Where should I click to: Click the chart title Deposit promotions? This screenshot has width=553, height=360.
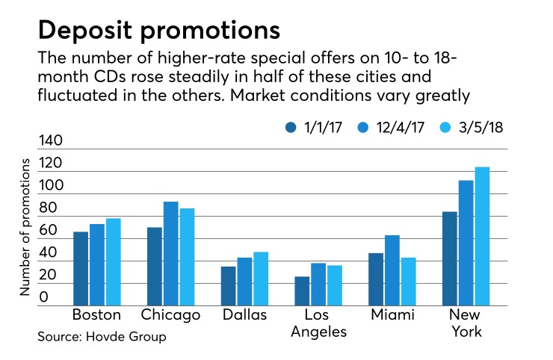coord(159,31)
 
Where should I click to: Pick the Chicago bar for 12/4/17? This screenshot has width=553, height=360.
coord(171,254)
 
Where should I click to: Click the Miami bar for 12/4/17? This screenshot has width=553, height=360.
coord(392,270)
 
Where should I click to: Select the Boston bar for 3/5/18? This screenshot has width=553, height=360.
coord(113,262)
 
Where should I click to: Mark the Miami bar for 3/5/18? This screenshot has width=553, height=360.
coord(408,282)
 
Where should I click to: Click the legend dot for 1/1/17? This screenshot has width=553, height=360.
coord(291,128)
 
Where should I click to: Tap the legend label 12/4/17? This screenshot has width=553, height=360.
coord(407,128)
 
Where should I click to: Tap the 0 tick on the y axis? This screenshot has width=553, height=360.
coord(45,298)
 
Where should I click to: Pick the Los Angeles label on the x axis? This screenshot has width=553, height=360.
coord(318,323)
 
